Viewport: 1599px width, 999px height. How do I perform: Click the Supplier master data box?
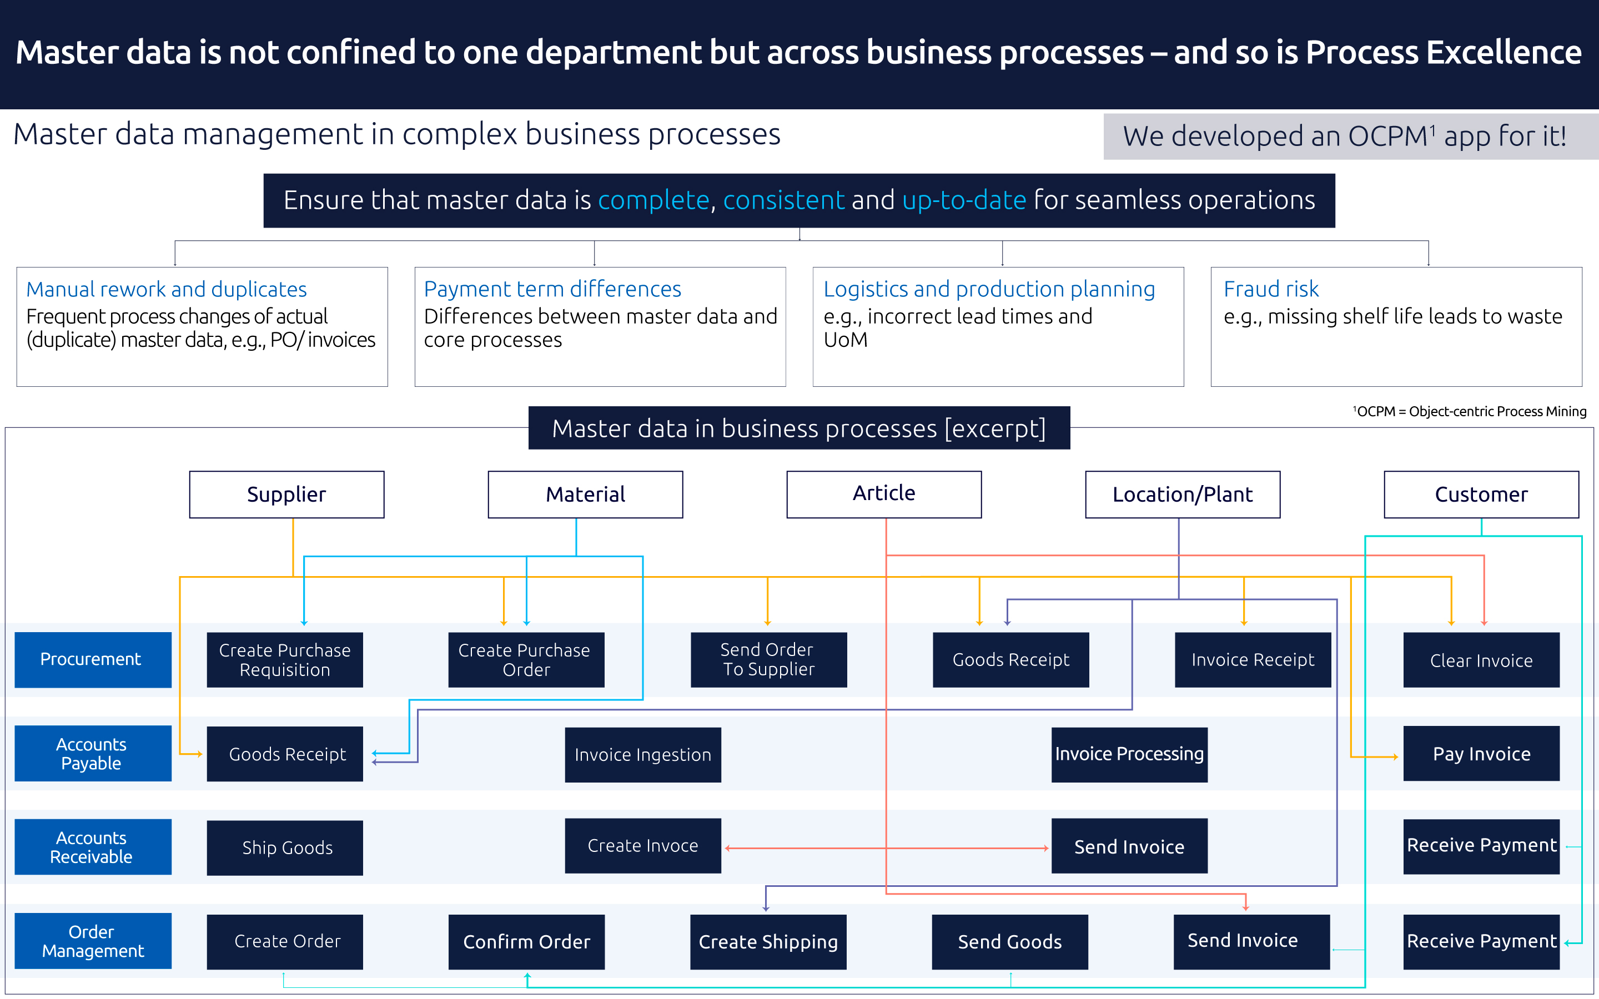(x=286, y=494)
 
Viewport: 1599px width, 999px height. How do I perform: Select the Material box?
(x=585, y=494)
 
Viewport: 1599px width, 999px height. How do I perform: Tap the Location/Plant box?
(x=1182, y=494)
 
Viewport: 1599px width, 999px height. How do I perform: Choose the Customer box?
(x=1481, y=494)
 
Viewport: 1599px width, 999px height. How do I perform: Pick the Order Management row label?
(x=93, y=941)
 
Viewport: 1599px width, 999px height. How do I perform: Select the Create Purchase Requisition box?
(x=285, y=659)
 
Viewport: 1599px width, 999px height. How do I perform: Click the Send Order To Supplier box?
(x=768, y=659)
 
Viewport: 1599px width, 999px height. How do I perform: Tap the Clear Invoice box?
(x=1481, y=659)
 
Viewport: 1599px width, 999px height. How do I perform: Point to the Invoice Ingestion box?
(x=642, y=755)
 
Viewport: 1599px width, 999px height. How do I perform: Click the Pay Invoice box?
(x=1481, y=753)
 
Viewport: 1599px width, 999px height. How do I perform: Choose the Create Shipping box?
(x=768, y=941)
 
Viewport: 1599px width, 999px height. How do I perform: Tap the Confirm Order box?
(x=526, y=941)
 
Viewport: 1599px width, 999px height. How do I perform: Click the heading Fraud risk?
(x=1271, y=289)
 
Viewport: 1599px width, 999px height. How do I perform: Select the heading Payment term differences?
(x=552, y=289)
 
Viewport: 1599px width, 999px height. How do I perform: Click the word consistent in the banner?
(x=783, y=200)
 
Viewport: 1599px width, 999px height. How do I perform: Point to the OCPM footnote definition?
(x=1470, y=411)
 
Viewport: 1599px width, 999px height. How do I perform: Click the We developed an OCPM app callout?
(x=1344, y=137)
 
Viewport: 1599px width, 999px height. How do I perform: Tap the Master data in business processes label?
(x=798, y=428)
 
